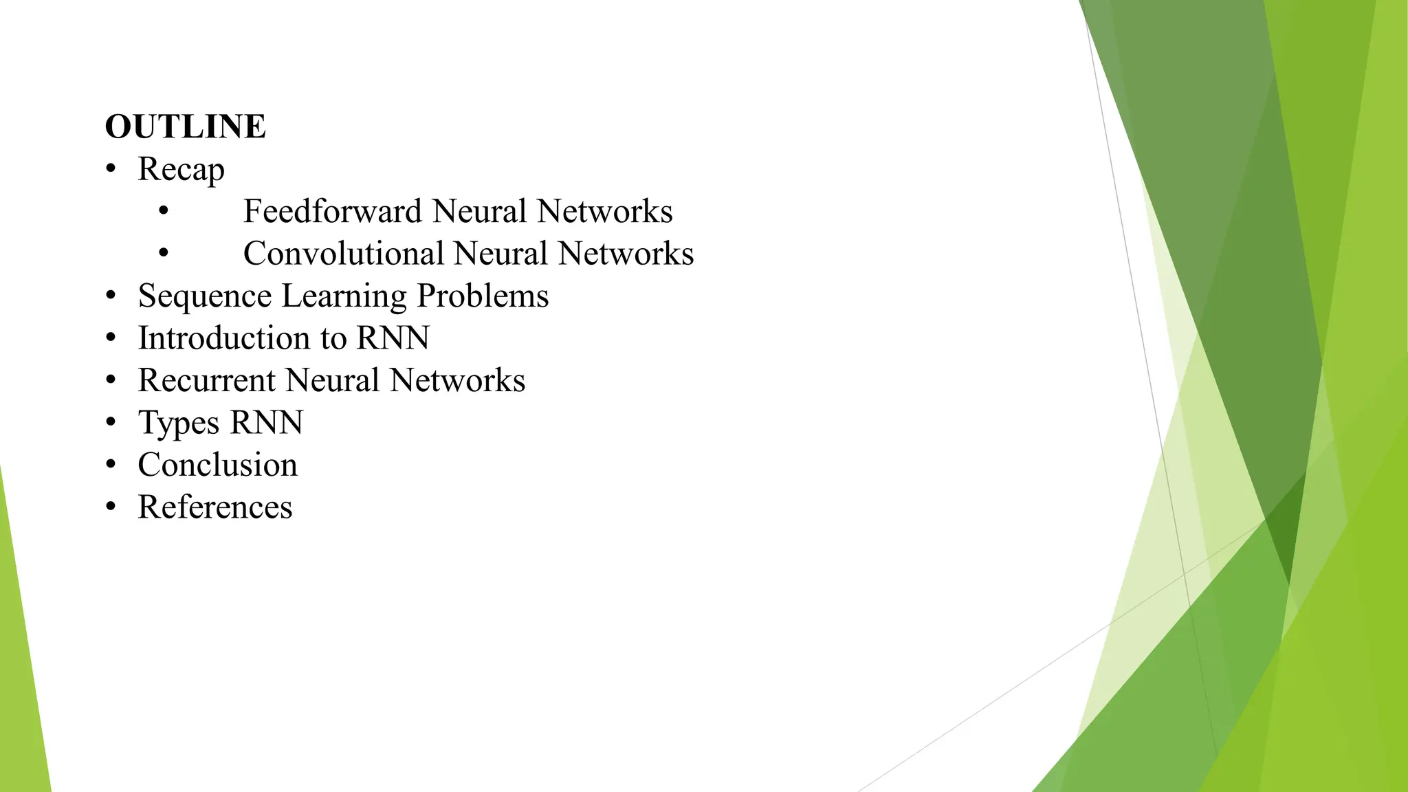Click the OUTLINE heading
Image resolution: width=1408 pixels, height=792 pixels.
point(185,126)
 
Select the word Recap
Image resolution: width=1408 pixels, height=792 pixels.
point(181,169)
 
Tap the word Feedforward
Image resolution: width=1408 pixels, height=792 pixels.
point(333,211)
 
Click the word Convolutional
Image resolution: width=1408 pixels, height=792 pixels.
point(343,254)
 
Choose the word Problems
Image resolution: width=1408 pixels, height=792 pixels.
point(483,296)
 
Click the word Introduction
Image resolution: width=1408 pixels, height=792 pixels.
point(223,338)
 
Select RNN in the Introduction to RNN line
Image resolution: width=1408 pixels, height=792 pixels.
point(393,338)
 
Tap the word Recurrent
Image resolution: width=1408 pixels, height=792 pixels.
point(206,380)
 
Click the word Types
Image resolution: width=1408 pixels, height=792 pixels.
point(178,423)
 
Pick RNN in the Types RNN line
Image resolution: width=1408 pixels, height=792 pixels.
point(267,423)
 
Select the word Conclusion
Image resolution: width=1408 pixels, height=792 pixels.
point(217,465)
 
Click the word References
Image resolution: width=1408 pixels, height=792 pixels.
point(214,507)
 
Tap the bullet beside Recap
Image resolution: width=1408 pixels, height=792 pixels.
point(111,169)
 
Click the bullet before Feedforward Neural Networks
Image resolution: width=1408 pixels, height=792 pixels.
point(163,211)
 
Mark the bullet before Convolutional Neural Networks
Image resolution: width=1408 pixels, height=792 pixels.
point(163,254)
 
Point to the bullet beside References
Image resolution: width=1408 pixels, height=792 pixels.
point(111,507)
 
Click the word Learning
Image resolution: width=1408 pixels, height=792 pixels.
point(344,296)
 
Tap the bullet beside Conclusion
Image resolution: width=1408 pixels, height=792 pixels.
point(111,465)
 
